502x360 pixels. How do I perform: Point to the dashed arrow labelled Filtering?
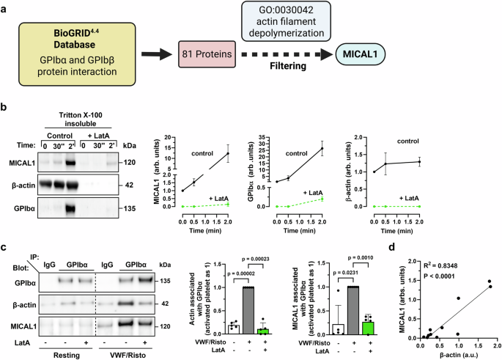289,54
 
